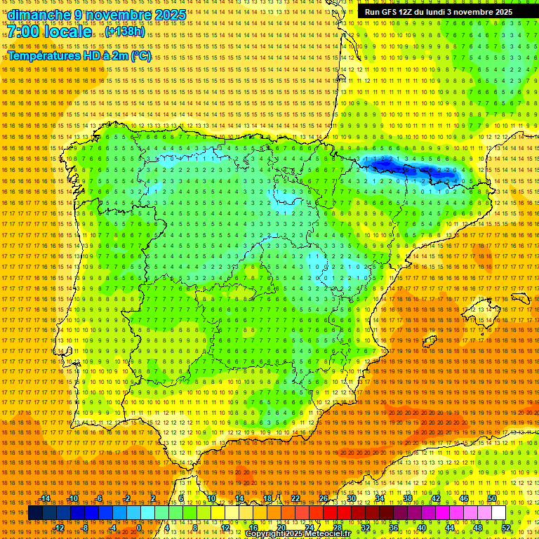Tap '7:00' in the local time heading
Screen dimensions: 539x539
[25, 32]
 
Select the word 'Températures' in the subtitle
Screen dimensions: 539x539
[45, 55]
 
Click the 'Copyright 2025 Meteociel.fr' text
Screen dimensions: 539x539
[307, 533]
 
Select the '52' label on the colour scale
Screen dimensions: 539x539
[506, 528]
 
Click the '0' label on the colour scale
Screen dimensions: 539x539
[139, 528]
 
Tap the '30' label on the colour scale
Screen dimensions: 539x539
[351, 498]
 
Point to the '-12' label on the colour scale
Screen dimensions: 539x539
[59, 528]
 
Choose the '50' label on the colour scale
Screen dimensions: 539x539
[492, 498]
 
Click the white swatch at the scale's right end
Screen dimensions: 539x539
[499, 513]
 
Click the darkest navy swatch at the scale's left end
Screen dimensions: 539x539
[35, 513]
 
